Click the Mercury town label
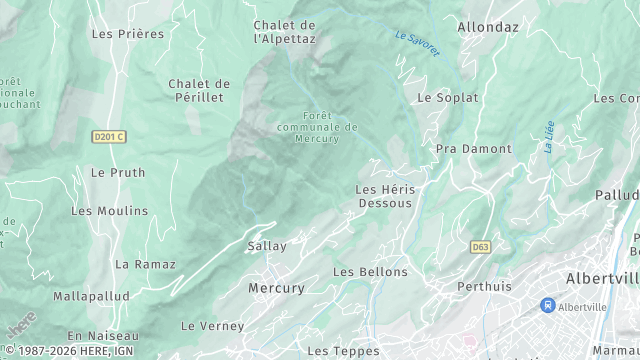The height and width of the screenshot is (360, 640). (x=276, y=288)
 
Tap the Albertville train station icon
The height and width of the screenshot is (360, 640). (x=547, y=305)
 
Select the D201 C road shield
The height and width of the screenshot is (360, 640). (x=108, y=136)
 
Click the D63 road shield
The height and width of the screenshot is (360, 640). (x=481, y=246)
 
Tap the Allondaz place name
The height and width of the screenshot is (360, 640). (x=488, y=27)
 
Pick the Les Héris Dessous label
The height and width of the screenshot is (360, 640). (x=385, y=196)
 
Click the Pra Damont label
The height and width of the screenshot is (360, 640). (x=473, y=149)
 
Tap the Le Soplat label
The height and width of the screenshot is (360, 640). (x=448, y=98)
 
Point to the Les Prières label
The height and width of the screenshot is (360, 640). (x=127, y=33)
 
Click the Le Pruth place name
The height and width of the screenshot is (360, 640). (x=118, y=172)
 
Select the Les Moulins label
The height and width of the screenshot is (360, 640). (x=109, y=211)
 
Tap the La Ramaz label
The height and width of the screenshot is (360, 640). (x=145, y=264)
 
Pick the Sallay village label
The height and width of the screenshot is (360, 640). (x=267, y=246)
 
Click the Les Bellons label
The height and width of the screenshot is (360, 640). (x=370, y=272)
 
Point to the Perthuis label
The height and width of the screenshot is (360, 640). (x=484, y=287)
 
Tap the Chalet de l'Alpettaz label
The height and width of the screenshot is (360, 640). (x=284, y=32)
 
